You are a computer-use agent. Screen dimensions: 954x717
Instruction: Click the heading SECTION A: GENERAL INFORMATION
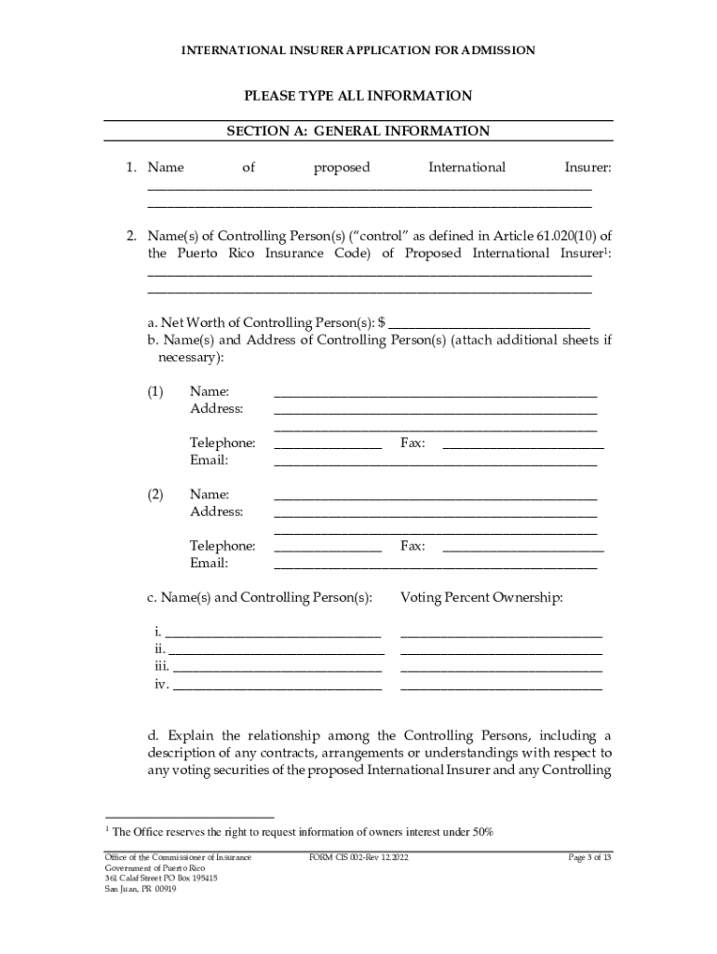click(358, 131)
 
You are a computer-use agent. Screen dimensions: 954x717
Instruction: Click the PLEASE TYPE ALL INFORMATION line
click(358, 96)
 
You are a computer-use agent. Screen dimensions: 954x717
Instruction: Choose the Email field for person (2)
click(435, 566)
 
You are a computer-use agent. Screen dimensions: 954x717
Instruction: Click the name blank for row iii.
click(277, 668)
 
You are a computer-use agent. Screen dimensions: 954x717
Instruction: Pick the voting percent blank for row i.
click(501, 634)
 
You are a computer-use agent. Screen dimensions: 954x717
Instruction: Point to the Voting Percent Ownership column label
click(481, 597)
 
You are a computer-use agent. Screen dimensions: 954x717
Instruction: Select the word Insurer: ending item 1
click(588, 168)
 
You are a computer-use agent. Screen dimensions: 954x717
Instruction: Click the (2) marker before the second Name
click(156, 495)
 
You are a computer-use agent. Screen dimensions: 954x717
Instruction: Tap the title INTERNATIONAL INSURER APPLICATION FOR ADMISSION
click(358, 50)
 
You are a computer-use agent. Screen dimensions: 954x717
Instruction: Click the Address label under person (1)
click(216, 409)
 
